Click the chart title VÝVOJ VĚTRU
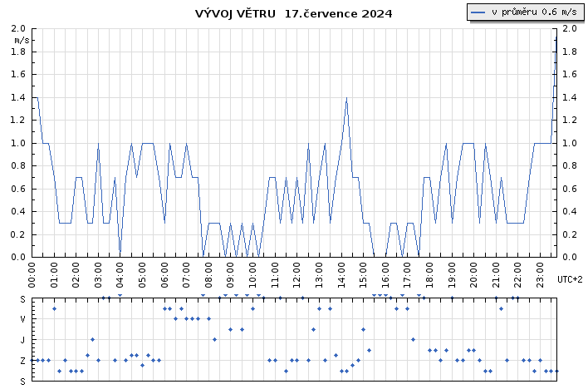point(236,13)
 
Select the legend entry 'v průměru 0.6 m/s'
point(524,12)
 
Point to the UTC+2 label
point(570,279)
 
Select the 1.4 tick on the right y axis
point(569,97)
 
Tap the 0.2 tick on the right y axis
point(569,234)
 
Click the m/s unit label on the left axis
point(22,39)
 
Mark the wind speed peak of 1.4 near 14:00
point(346,98)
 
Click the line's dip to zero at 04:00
point(120,255)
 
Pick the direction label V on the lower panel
point(23,319)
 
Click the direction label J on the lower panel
point(23,340)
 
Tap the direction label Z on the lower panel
point(23,361)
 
